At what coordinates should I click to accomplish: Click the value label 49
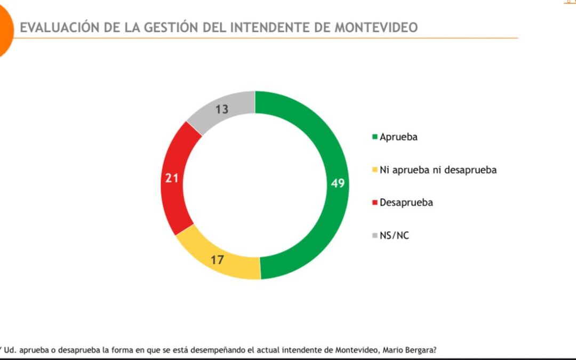coord(338,183)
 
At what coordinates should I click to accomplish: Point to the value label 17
coord(217,260)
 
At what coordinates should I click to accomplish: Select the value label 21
coord(171,178)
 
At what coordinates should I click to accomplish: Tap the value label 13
coord(222,109)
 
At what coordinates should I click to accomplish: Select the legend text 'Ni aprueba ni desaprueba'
coord(438,170)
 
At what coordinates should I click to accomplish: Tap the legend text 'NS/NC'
coord(394,235)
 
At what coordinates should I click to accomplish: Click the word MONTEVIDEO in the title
coord(376,28)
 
